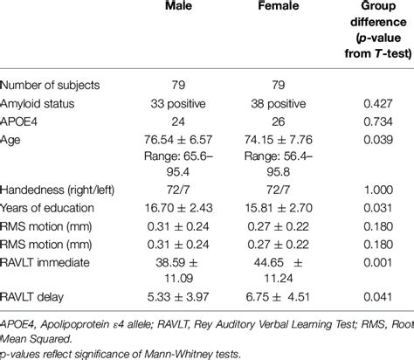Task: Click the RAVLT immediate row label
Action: pyautogui.click(x=52, y=265)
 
